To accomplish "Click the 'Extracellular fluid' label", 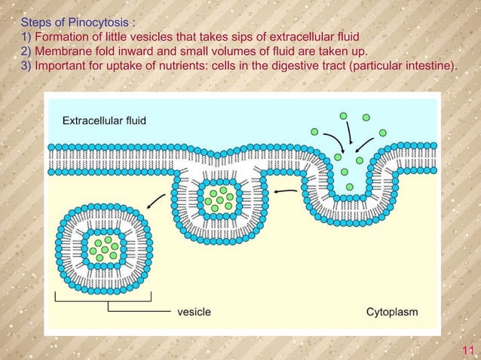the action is click(104, 121).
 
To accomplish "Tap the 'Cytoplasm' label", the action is click(392, 313).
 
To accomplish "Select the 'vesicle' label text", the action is click(195, 312).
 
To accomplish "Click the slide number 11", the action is click(468, 350).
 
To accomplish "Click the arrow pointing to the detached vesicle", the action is click(156, 201).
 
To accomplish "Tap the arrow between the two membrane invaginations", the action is click(285, 191).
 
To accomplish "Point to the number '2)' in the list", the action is click(26, 51).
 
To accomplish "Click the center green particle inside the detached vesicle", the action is click(105, 249).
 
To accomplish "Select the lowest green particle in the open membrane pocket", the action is click(349, 187).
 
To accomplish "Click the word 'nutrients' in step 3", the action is click(182, 66).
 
